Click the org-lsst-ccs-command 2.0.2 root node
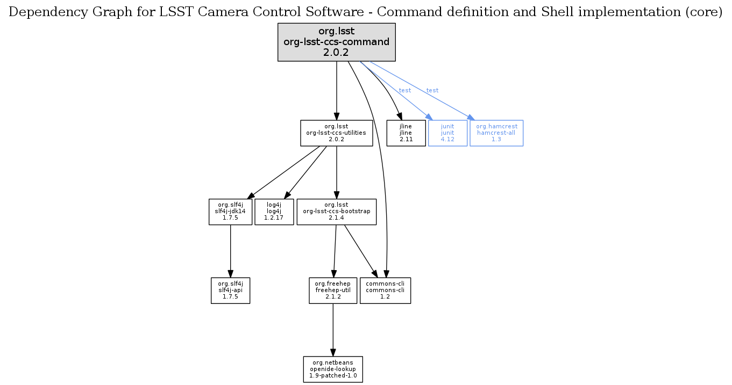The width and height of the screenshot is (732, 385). coord(337,42)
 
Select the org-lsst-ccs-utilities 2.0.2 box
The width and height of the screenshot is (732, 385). coord(336,133)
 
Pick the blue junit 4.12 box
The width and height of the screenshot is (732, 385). coord(447,133)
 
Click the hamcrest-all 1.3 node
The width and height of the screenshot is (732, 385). coord(496,133)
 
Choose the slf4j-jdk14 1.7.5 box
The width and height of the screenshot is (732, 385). coord(230,212)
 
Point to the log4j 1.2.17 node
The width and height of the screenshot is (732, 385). coord(274,212)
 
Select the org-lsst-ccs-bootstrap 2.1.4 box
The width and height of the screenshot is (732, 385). coord(336,212)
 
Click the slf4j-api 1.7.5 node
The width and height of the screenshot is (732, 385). coord(230,290)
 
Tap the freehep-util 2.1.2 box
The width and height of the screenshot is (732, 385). coord(333,290)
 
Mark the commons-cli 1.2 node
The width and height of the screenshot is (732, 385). coord(385,290)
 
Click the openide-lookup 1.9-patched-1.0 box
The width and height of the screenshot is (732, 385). coord(333,369)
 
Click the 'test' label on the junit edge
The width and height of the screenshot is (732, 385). coord(405,90)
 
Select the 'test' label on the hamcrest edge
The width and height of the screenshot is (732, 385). coord(432,90)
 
